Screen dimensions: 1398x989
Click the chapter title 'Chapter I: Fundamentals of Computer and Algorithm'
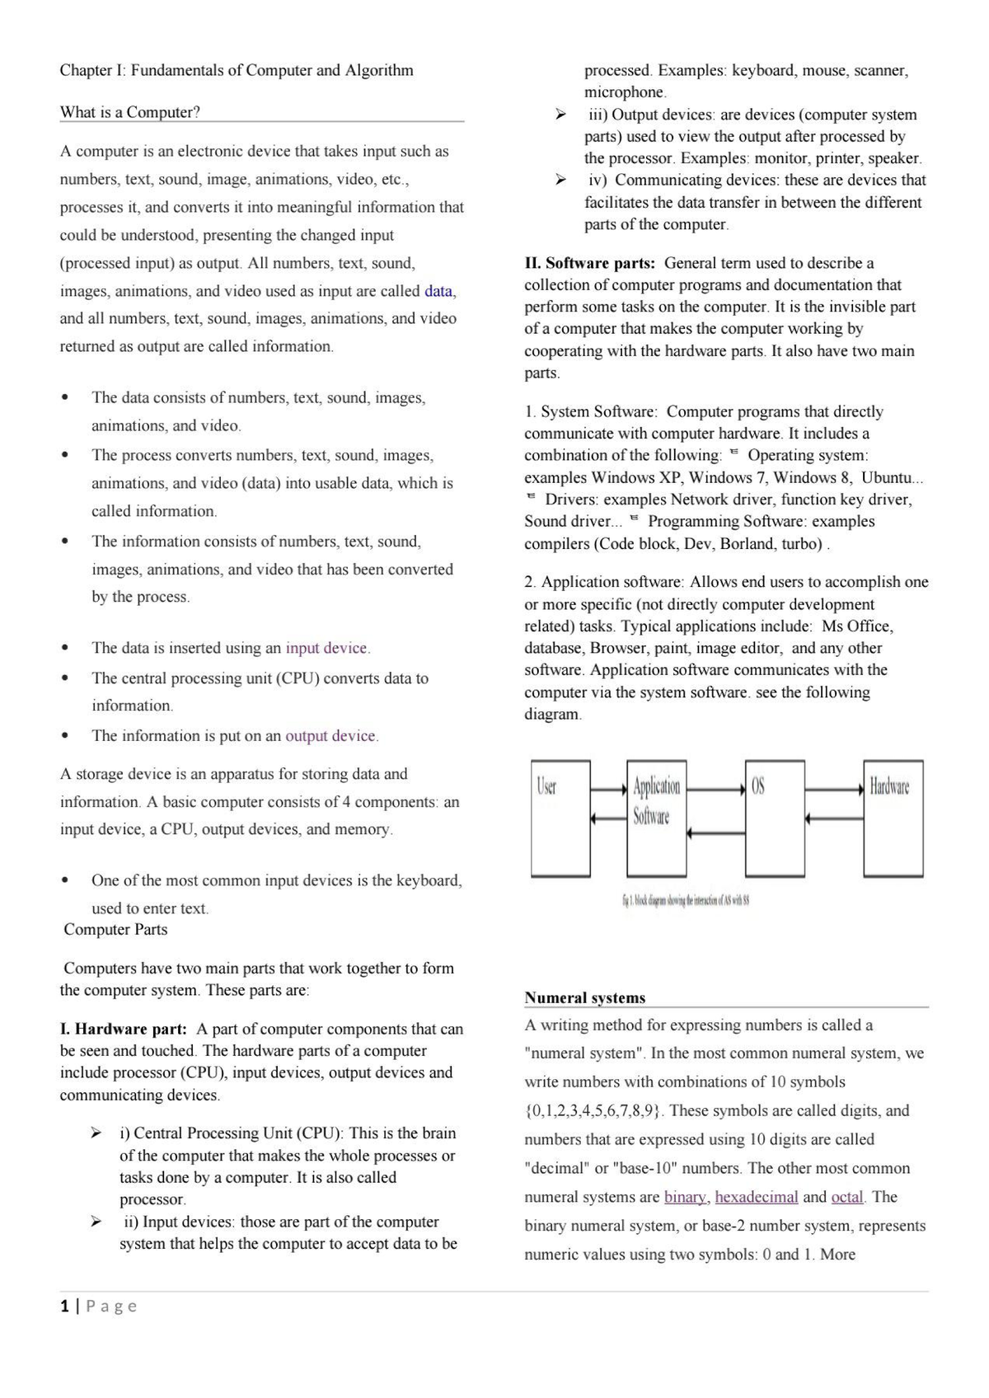click(x=237, y=70)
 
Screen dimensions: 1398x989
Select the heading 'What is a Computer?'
click(x=129, y=112)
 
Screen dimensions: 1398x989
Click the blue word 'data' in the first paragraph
click(x=438, y=291)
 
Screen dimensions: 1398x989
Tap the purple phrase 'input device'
click(x=326, y=648)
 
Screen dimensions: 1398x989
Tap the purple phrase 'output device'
click(x=330, y=735)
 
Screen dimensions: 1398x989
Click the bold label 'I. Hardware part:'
click(x=124, y=1029)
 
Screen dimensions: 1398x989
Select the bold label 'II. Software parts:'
click(x=590, y=263)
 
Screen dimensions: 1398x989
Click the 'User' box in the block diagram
click(x=560, y=818)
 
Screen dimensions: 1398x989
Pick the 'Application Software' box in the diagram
click(x=656, y=818)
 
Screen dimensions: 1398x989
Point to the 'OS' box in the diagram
click(x=775, y=818)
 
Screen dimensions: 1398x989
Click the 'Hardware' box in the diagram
click(x=893, y=818)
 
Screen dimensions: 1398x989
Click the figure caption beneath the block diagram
click(x=684, y=901)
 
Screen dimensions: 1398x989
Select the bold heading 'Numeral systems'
click(x=585, y=997)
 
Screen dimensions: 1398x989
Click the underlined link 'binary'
click(x=685, y=1197)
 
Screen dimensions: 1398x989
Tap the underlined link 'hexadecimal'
click(x=757, y=1197)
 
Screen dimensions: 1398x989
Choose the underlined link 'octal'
click(x=847, y=1197)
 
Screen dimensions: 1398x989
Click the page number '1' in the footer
click(x=64, y=1306)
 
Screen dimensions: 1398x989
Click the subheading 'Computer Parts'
click(x=115, y=930)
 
